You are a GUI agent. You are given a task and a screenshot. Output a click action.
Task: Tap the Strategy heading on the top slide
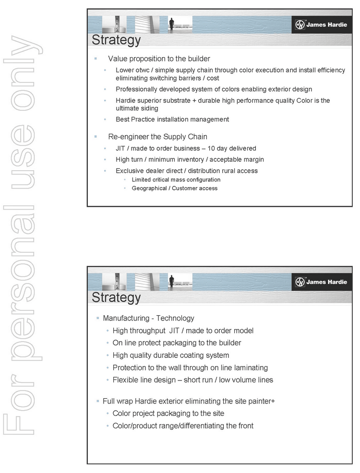pyautogui.click(x=116, y=40)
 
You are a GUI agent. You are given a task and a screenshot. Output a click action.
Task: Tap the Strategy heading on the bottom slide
pyautogui.click(x=116, y=297)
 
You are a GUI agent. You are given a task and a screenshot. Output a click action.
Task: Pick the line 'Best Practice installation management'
pyautogui.click(x=172, y=119)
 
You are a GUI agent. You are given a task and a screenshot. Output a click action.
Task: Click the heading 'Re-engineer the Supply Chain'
pyautogui.click(x=157, y=137)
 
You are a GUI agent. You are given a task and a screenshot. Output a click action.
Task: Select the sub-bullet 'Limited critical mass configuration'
pyautogui.click(x=176, y=179)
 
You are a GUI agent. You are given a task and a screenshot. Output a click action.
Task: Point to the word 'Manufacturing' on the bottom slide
pyautogui.click(x=126, y=318)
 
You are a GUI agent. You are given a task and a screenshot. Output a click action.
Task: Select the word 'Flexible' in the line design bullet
pyautogui.click(x=126, y=380)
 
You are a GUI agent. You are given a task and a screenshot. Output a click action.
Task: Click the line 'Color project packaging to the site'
pyautogui.click(x=168, y=413)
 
